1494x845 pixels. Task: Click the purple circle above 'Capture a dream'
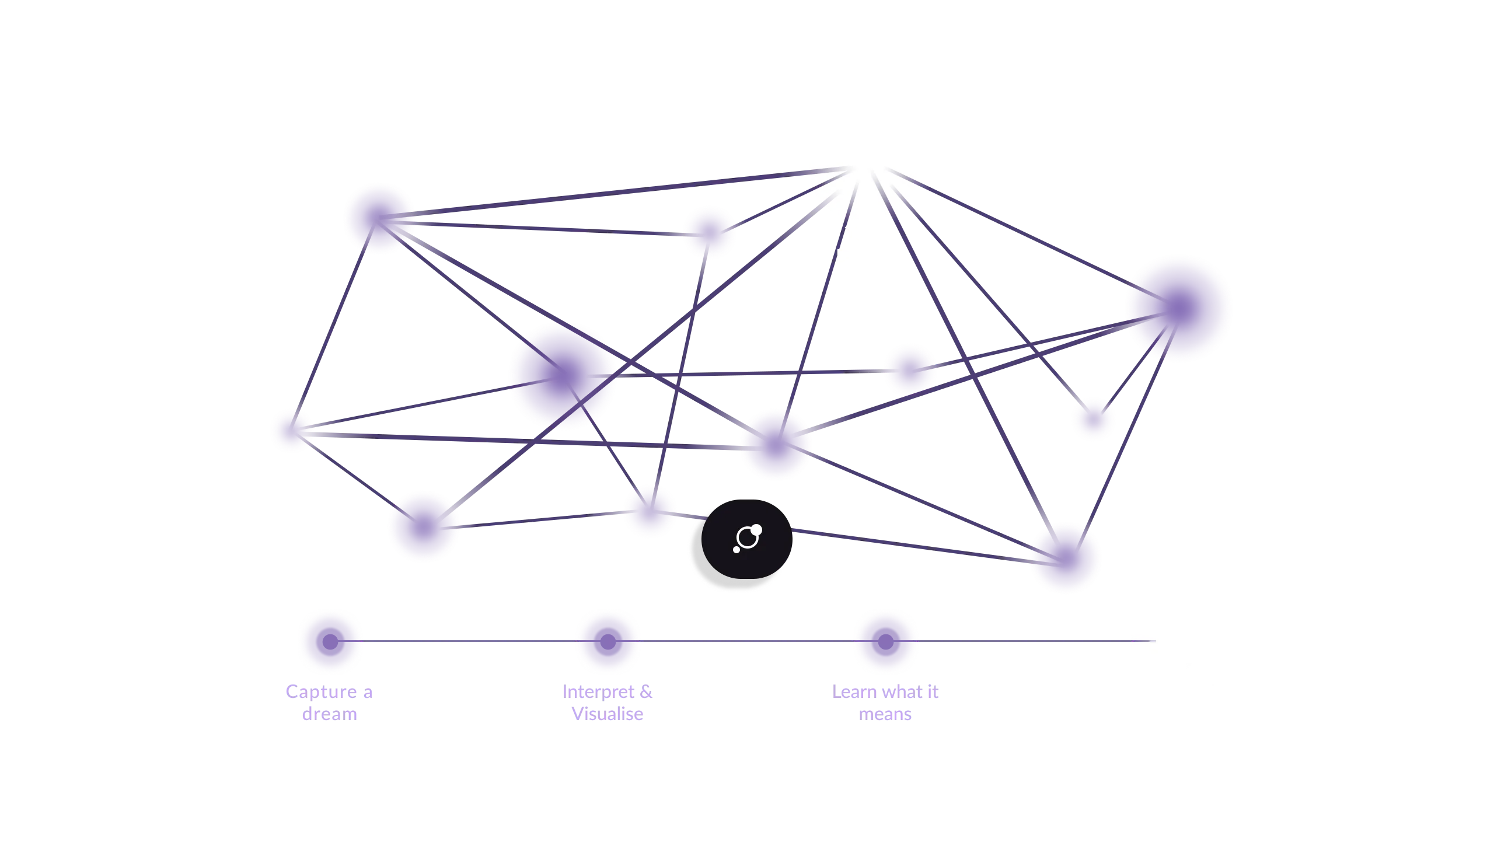(330, 641)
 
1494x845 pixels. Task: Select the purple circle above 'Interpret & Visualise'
(607, 641)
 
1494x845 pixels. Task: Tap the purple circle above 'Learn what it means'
(885, 641)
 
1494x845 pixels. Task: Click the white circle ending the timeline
(1164, 641)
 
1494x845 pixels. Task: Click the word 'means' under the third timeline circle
(886, 715)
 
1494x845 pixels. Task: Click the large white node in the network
(863, 158)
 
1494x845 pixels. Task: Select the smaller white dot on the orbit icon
(736, 550)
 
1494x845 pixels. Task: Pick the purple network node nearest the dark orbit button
(650, 511)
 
